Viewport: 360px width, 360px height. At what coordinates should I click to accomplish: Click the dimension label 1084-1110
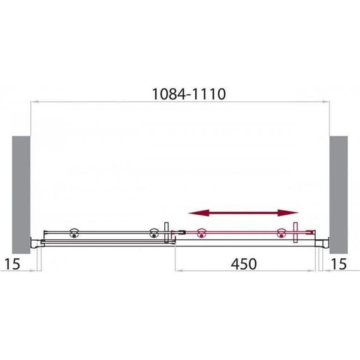(189, 94)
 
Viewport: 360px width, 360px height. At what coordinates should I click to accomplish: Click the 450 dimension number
(244, 264)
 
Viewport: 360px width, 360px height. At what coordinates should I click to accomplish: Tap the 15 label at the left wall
(13, 264)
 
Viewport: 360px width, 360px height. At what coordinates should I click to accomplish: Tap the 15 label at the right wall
(339, 264)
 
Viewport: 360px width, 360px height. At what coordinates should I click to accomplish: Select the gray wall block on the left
(21, 195)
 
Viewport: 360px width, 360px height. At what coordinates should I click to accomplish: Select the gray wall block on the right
(339, 195)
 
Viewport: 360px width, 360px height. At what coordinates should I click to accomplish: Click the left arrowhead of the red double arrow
(198, 213)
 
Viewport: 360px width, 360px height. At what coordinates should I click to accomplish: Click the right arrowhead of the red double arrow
(288, 213)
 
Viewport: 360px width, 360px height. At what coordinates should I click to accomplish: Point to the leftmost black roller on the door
(74, 233)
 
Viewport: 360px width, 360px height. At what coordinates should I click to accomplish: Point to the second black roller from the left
(154, 233)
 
